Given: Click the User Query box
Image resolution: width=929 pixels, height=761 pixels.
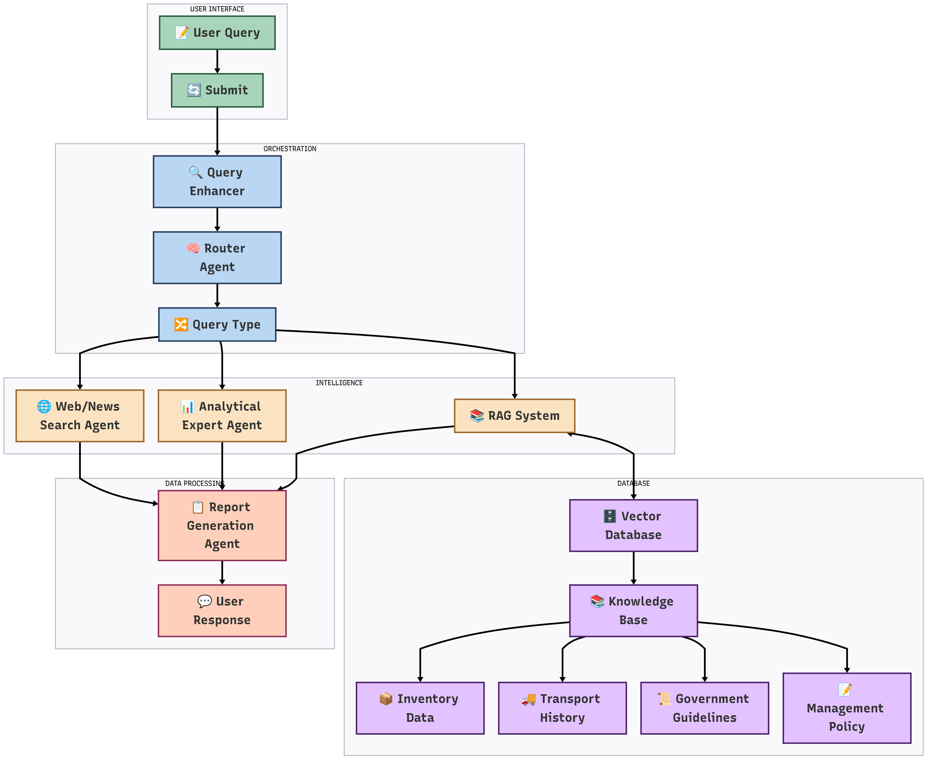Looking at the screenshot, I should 217,33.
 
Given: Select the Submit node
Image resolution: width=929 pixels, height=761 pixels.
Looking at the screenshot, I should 217,90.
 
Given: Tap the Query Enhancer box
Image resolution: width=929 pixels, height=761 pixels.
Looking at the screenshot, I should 217,181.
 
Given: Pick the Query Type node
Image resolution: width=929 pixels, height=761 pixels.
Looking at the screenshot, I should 217,324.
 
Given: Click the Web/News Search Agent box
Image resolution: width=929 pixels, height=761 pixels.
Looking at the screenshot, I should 80,416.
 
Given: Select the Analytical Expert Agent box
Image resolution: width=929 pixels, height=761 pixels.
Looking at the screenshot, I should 222,416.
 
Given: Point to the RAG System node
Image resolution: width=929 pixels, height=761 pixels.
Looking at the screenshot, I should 515,416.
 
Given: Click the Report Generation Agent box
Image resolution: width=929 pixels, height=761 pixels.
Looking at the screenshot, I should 222,525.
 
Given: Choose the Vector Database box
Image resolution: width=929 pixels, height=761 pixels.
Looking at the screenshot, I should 633,525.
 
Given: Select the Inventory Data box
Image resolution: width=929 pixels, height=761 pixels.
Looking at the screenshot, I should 420,708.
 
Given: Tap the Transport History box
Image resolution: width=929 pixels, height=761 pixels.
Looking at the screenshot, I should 562,708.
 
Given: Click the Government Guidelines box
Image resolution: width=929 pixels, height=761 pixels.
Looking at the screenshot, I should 704,708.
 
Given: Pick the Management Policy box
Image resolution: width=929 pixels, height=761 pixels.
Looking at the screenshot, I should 847,708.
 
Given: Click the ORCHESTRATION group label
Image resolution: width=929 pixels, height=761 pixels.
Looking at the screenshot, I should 290,149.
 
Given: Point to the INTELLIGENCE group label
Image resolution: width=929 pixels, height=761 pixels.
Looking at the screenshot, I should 339,383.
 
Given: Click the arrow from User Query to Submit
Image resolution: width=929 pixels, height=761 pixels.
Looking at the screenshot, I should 217,61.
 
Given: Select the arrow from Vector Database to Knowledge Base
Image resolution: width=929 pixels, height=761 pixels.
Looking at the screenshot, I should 633,568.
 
